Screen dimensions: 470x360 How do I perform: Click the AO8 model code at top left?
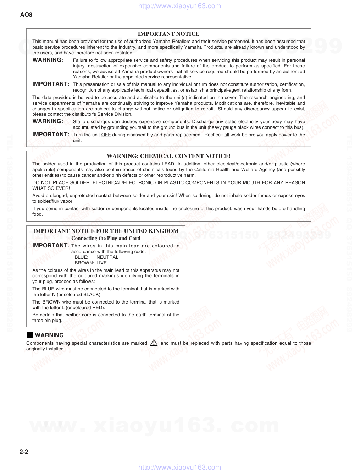[26, 15]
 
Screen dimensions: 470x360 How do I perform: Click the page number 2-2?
[24, 452]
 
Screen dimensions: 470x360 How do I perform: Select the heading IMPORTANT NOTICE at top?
[168, 34]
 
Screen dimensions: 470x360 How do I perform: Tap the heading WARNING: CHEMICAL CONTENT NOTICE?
[168, 156]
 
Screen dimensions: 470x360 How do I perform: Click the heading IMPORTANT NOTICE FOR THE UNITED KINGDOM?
[106, 231]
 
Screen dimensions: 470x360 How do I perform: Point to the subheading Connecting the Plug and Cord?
[106, 239]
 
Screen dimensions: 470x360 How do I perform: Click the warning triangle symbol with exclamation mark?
[154, 343]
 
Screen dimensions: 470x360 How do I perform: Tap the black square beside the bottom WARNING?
[29, 335]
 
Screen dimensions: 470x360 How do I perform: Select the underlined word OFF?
[106, 135]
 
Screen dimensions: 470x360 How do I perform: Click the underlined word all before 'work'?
[227, 135]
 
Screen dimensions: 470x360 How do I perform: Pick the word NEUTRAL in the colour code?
[107, 257]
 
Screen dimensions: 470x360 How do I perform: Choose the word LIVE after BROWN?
[101, 263]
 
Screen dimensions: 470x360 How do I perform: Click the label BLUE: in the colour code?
[81, 257]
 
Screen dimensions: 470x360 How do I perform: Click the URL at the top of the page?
[179, 6]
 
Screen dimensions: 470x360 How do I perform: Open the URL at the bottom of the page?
[179, 467]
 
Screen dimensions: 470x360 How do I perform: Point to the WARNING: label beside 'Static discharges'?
[48, 121]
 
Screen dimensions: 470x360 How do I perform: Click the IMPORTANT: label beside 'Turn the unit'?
[51, 135]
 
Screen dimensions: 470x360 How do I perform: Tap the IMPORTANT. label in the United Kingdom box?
[51, 246]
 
